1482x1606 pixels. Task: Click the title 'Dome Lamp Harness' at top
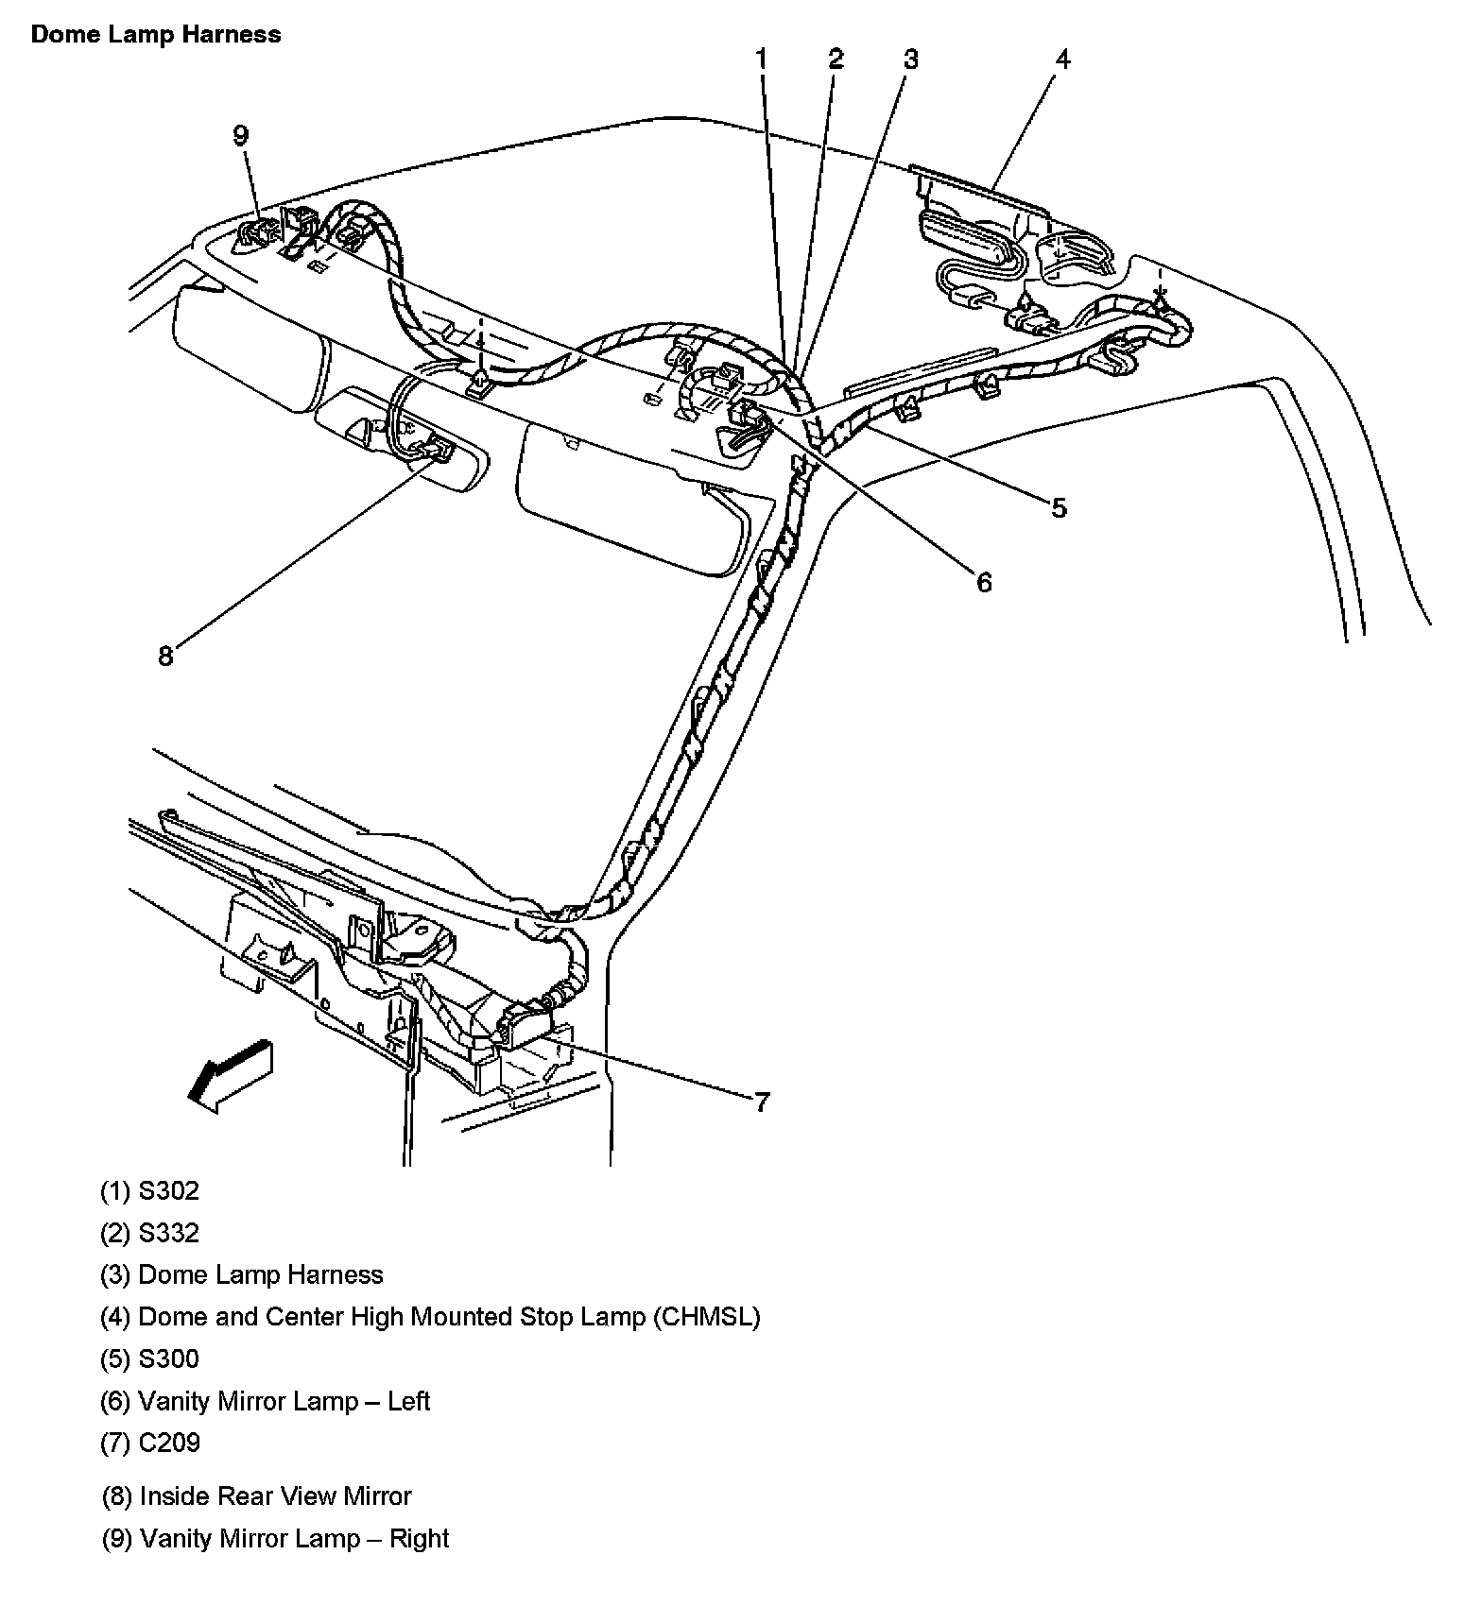[156, 35]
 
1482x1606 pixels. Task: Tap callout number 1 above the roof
[762, 60]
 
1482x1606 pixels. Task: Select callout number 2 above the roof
[836, 60]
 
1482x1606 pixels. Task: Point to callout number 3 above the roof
[910, 60]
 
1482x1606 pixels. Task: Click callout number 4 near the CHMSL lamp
[1063, 60]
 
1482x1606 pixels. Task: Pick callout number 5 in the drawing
[1059, 508]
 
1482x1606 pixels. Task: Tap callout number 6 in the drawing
[984, 582]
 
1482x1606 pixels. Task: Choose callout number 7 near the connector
[762, 1102]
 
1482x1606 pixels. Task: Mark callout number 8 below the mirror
[165, 656]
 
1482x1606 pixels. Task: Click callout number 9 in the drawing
[240, 135]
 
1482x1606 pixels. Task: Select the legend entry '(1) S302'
[150, 1190]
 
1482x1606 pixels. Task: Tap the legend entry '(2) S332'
[150, 1233]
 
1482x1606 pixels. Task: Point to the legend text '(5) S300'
[150, 1358]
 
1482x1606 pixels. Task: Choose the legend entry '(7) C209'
[150, 1443]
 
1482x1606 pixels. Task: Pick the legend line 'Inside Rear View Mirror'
[275, 1496]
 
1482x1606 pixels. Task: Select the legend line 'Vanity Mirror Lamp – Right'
[294, 1538]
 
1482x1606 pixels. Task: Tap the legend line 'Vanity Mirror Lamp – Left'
[284, 1401]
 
